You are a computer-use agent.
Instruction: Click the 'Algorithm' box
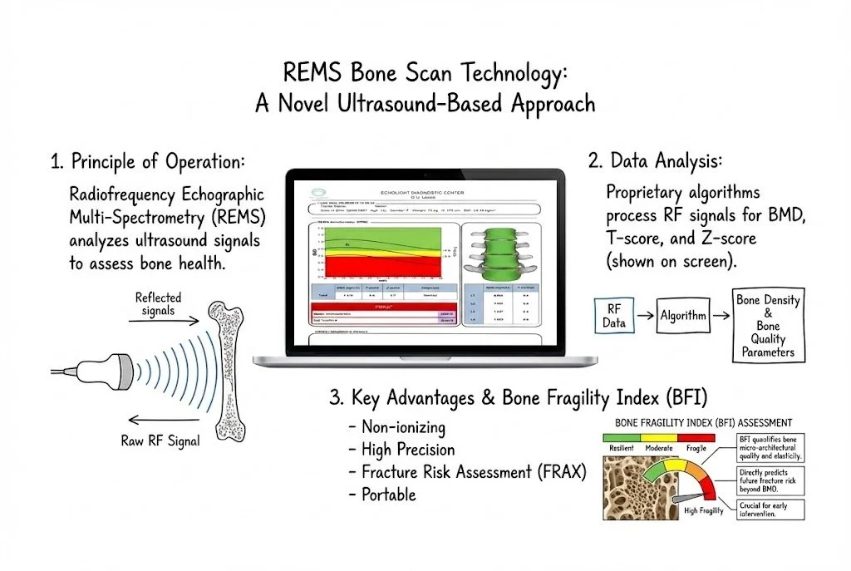coord(684,315)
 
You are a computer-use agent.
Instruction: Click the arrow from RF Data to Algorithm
coord(642,315)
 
